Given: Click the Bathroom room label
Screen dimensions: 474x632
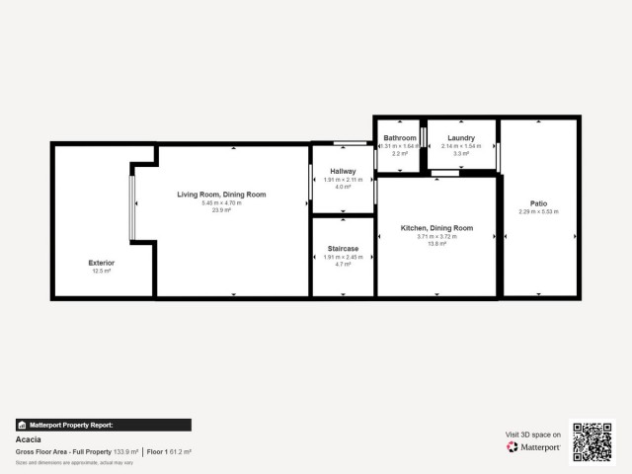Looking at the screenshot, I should (x=400, y=138).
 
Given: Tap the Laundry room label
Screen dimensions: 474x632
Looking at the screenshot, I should (x=461, y=138).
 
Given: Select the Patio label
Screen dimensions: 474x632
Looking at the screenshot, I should (x=539, y=203).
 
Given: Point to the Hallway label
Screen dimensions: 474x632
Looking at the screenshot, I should (x=344, y=172).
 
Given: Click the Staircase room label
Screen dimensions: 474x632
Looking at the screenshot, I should (x=343, y=249).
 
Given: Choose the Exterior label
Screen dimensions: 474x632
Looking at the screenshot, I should (x=102, y=263).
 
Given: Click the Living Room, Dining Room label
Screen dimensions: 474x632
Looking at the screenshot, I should (x=222, y=195).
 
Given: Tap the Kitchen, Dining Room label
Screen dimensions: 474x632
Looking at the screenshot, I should (x=436, y=228).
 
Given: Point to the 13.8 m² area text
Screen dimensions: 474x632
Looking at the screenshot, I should (x=436, y=244).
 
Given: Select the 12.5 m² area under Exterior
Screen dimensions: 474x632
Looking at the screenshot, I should (x=102, y=271).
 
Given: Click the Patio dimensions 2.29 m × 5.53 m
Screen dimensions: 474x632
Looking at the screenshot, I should (x=539, y=211).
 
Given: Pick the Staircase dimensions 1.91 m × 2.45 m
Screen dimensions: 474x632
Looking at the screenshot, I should (x=343, y=257).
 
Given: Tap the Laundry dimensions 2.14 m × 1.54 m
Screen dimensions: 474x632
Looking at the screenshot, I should (x=461, y=146).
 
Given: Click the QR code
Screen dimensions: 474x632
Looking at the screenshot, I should (x=593, y=442).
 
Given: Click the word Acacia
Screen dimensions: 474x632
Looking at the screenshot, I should (x=27, y=439).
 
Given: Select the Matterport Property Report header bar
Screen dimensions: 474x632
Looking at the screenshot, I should (x=103, y=425).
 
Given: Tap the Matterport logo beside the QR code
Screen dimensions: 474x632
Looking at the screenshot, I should (x=534, y=447).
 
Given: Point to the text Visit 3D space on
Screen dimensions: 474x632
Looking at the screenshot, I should (x=533, y=434).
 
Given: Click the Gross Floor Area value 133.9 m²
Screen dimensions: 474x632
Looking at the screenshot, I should (x=124, y=451).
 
